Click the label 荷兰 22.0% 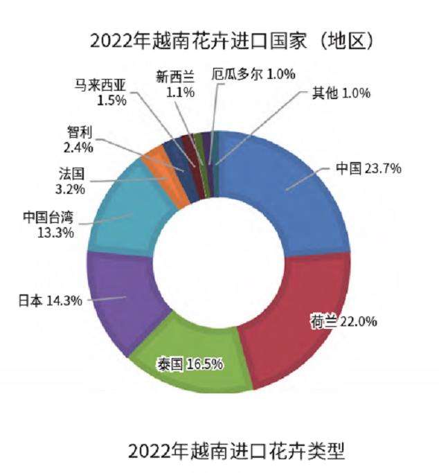(343, 321)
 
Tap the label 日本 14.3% (50, 300)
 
